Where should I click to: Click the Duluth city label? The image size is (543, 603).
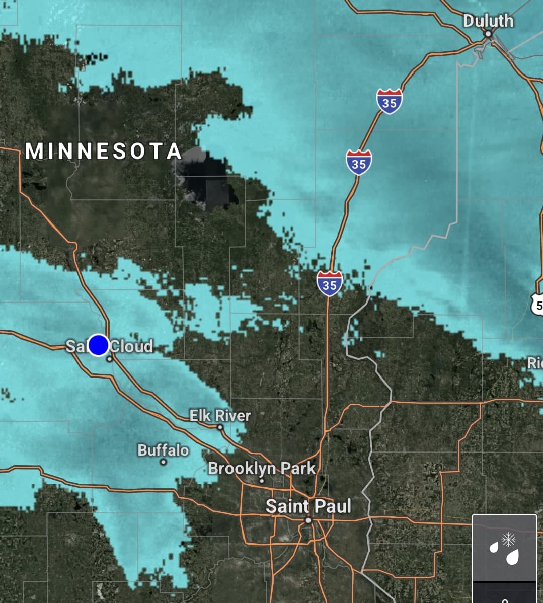click(x=488, y=21)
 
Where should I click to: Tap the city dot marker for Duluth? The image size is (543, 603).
click(x=488, y=34)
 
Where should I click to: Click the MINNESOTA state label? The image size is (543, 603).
click(x=104, y=152)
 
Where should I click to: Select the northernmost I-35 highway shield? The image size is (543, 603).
click(x=389, y=102)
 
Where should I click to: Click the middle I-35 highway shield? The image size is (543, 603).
click(x=358, y=162)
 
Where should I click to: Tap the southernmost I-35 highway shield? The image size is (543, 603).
click(x=330, y=283)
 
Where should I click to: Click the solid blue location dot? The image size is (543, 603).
click(x=99, y=345)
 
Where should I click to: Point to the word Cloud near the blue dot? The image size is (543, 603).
click(x=131, y=346)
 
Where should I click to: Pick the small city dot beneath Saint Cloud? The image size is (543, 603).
click(x=109, y=359)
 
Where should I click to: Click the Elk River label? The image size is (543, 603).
click(x=220, y=416)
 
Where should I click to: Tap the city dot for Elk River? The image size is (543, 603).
click(x=220, y=427)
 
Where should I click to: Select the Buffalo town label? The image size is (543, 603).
click(x=164, y=450)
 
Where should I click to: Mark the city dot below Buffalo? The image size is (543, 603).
click(x=163, y=462)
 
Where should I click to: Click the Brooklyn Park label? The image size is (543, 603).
click(x=262, y=468)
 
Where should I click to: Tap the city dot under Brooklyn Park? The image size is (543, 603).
click(x=262, y=480)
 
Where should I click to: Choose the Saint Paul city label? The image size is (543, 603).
click(x=308, y=506)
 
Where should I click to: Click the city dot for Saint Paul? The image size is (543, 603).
click(x=308, y=520)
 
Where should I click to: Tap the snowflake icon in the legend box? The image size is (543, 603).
click(x=509, y=540)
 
